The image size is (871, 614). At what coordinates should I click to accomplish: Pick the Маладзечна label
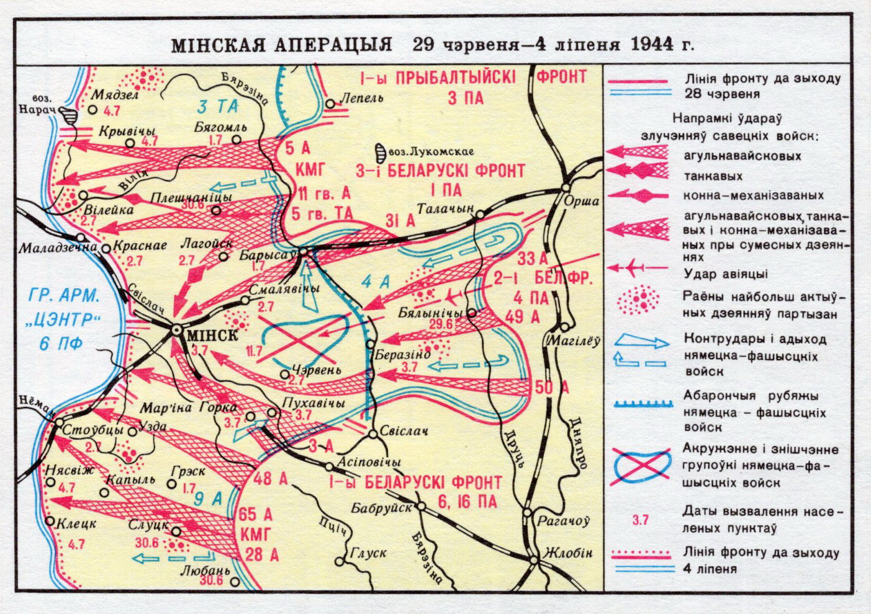click(50, 247)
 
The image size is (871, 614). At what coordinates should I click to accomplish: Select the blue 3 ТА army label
click(219, 106)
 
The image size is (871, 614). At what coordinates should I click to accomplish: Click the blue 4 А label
click(377, 282)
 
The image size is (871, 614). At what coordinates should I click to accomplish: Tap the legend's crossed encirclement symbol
click(639, 463)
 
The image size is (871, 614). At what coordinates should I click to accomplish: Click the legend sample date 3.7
click(639, 520)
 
